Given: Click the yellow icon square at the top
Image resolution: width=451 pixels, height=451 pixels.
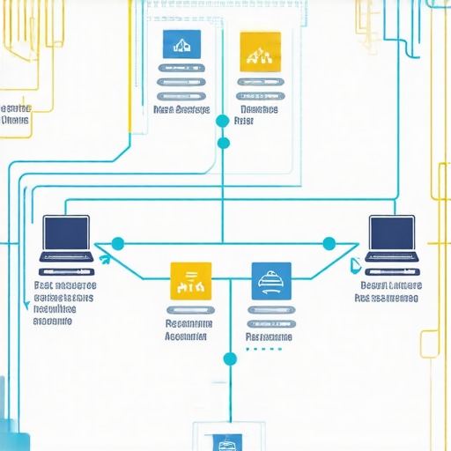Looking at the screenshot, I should click(x=260, y=50).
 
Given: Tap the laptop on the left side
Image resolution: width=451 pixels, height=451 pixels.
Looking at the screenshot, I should click(x=66, y=240).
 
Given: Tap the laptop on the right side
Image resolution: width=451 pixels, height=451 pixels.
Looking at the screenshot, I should click(x=391, y=240).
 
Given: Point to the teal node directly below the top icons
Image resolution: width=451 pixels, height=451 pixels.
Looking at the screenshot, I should click(x=223, y=120).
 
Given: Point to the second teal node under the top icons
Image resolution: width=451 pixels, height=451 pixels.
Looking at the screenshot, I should click(x=223, y=143).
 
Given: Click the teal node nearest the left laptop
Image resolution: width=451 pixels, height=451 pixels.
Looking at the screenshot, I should click(x=118, y=243).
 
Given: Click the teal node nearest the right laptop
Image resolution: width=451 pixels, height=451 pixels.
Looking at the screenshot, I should click(x=329, y=243).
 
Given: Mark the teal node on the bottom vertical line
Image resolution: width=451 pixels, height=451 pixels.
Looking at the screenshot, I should click(x=230, y=359).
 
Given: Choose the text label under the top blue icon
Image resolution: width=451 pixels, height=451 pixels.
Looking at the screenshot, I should click(x=181, y=110).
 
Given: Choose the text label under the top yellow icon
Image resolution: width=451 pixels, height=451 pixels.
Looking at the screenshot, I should click(x=258, y=115).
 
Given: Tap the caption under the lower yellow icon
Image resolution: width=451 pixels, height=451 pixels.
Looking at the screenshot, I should click(x=187, y=329).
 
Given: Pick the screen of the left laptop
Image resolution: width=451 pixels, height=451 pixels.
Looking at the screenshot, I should click(x=66, y=233).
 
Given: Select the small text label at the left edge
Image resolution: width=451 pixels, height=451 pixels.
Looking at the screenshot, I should click(x=16, y=115).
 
